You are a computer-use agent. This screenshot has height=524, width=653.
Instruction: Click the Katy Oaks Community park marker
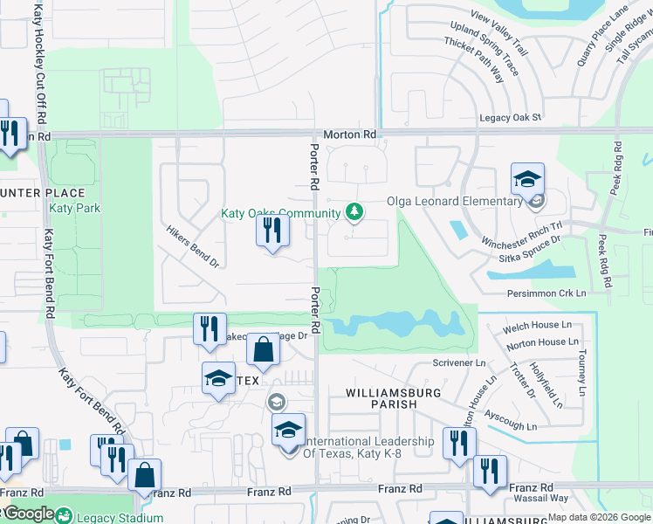pyautogui.click(x=354, y=211)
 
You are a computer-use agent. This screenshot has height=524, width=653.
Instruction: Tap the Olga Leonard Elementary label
pyautogui.click(x=455, y=202)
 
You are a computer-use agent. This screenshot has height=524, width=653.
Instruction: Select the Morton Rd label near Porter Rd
pyautogui.click(x=349, y=134)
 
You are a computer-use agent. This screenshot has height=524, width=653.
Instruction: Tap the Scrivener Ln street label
pyautogui.click(x=458, y=362)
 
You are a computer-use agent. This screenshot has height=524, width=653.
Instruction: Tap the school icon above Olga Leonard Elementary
pyautogui.click(x=527, y=179)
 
